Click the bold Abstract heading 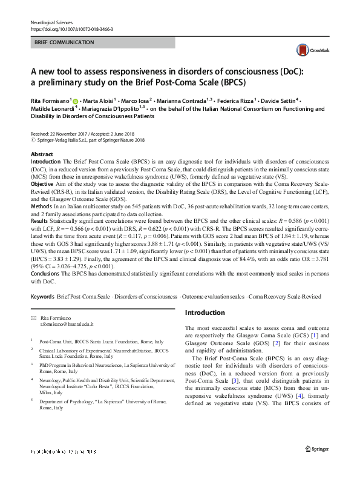coord(42,154)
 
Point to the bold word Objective coord(44,183)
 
